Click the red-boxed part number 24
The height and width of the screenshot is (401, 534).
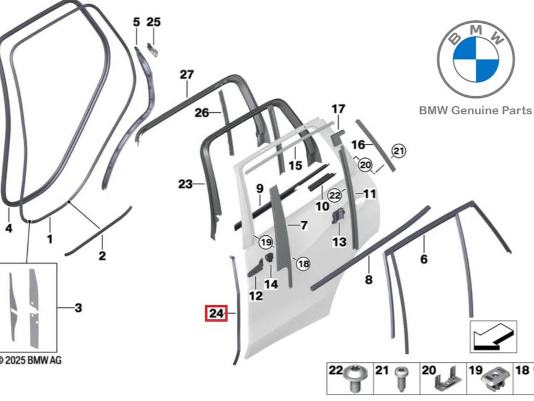(x=216, y=313)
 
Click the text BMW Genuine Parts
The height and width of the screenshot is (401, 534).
(x=475, y=110)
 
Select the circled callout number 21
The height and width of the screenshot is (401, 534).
(x=399, y=151)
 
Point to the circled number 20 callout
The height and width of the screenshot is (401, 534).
(x=365, y=165)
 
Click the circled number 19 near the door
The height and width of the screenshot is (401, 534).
(x=266, y=242)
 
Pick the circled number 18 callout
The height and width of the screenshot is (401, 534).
(x=303, y=264)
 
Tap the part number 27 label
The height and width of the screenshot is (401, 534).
(x=187, y=75)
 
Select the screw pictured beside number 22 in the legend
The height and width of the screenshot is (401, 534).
(x=355, y=378)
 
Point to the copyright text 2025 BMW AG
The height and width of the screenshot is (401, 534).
(x=30, y=361)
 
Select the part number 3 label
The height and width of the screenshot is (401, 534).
(x=78, y=308)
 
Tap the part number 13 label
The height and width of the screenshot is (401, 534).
(x=339, y=242)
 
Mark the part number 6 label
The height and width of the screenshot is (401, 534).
(x=424, y=259)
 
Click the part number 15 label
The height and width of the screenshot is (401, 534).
(x=295, y=165)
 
